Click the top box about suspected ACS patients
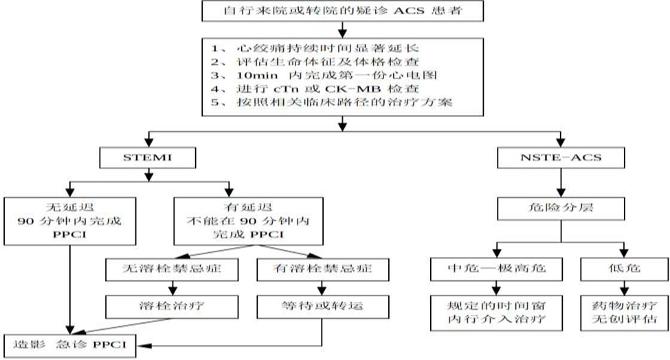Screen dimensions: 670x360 coord(342,11)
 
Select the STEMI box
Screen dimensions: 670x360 coord(148,157)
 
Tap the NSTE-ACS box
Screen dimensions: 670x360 coord(561,157)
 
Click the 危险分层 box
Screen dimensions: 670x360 coord(561,208)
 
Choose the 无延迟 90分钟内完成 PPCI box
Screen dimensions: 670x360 coord(70,221)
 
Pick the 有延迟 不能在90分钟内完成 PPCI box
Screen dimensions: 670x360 coord(248,221)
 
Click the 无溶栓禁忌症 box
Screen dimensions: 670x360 coord(172,269)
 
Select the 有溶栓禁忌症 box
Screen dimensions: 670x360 coord(322,269)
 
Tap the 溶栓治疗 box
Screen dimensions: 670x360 coord(172,306)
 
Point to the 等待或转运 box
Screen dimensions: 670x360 coord(322,306)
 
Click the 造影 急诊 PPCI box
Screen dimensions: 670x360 coord(70,346)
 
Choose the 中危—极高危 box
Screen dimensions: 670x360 coord(496,269)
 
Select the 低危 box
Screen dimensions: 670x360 coord(624,269)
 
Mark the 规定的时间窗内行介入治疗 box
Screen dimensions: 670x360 coord(496,313)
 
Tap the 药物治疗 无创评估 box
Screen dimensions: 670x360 coord(624,313)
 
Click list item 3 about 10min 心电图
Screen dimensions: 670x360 coord(324,76)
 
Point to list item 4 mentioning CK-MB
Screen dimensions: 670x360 coord(315,89)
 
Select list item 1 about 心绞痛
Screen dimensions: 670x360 coord(315,48)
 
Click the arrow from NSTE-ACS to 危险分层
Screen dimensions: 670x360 coord(561,183)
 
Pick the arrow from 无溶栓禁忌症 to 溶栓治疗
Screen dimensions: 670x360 coord(172,289)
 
